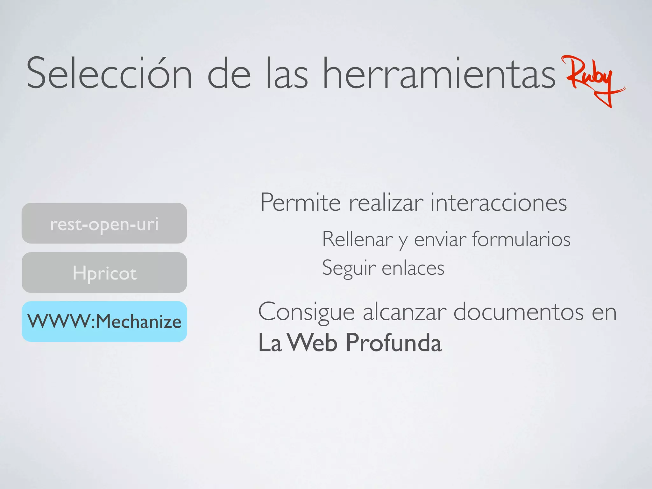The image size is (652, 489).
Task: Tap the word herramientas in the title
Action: tap(439, 74)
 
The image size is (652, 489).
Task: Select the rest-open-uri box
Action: tap(104, 223)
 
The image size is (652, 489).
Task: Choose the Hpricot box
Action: tap(104, 273)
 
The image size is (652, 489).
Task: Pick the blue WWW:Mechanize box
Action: tap(104, 322)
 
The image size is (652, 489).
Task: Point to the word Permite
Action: tap(300, 202)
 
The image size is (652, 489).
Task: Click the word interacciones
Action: tap(499, 202)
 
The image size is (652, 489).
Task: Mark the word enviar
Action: tap(440, 239)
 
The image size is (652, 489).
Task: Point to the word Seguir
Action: tap(349, 268)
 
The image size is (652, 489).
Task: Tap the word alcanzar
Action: tap(405, 312)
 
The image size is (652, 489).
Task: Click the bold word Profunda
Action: tap(393, 343)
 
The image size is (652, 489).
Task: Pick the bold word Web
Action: tap(314, 343)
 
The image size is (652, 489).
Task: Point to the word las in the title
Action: tap(287, 74)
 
